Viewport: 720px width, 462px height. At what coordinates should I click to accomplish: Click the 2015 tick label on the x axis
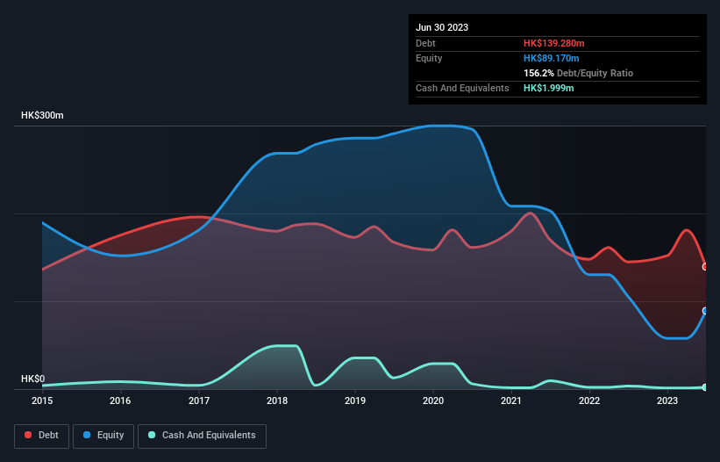[42, 401]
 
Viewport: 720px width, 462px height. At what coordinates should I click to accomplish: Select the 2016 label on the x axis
[120, 401]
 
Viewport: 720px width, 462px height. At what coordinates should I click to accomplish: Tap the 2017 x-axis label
[199, 401]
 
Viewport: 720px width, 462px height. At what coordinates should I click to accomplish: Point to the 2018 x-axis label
[277, 401]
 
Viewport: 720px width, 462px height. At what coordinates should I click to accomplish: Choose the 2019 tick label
[355, 401]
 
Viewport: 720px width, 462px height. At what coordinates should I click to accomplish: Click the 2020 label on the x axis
[433, 401]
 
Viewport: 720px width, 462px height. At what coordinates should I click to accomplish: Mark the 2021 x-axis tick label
[511, 401]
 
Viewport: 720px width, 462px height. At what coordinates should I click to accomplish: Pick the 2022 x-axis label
[589, 401]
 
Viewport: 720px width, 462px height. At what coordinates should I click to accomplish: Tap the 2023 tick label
[667, 401]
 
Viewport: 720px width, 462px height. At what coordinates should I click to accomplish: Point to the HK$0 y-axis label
[34, 379]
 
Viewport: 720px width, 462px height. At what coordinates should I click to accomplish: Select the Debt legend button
[41, 436]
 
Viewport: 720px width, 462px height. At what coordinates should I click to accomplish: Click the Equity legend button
[103, 436]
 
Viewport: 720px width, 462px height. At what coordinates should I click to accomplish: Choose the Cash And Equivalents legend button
[202, 436]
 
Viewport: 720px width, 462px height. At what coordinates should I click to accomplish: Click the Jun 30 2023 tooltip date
[442, 27]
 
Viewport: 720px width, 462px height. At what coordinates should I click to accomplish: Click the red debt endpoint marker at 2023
[705, 266]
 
